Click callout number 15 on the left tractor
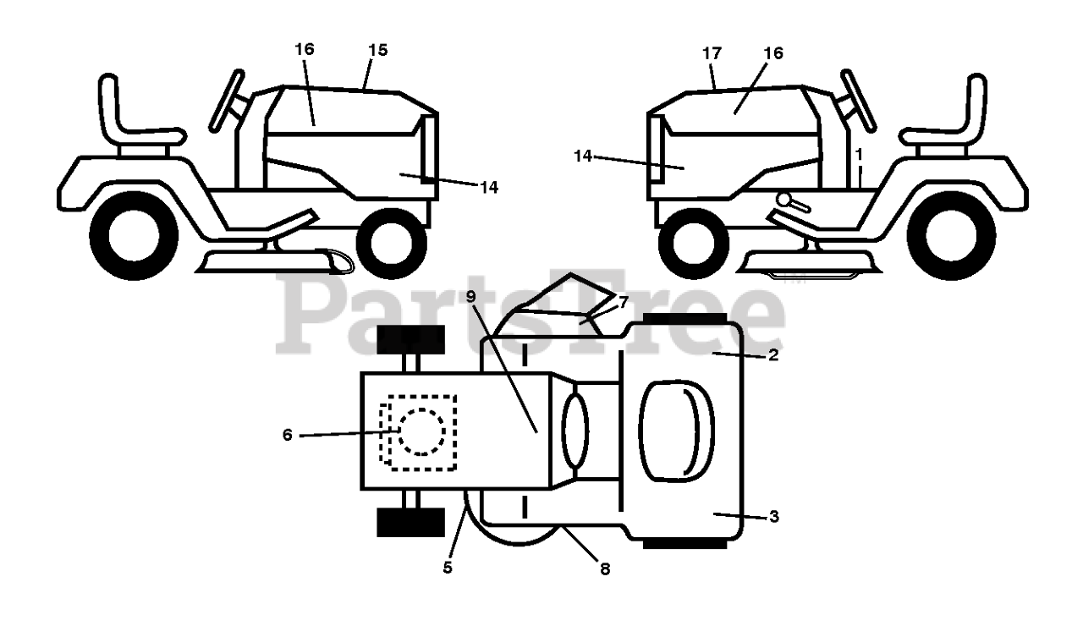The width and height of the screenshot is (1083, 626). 377,51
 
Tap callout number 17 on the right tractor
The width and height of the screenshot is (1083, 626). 712,53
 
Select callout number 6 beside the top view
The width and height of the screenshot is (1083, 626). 288,435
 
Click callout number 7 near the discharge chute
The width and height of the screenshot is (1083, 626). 623,302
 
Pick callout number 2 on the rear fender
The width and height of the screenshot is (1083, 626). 772,355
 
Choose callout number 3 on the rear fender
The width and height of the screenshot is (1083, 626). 772,517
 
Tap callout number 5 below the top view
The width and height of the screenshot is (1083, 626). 448,568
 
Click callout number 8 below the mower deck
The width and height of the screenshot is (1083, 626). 604,569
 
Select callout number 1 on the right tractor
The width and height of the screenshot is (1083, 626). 859,155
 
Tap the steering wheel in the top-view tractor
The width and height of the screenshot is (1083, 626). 574,431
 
